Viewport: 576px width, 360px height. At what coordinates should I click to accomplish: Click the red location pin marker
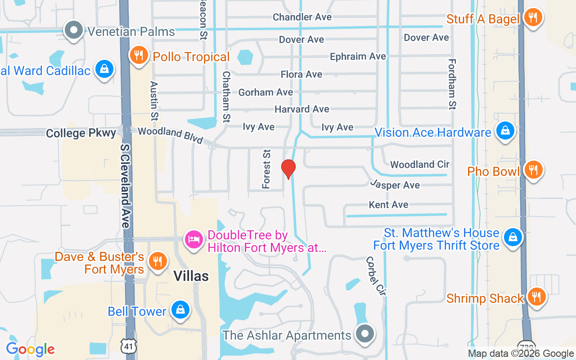288,169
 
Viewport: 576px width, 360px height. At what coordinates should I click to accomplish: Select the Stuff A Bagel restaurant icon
533,18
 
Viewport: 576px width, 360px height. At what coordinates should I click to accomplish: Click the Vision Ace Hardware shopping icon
505,131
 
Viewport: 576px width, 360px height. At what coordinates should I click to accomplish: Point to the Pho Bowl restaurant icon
533,170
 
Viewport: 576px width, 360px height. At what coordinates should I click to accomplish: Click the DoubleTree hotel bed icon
194,238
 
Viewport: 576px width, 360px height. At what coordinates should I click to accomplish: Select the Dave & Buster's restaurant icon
157,261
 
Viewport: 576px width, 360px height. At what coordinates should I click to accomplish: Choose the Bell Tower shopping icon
180,310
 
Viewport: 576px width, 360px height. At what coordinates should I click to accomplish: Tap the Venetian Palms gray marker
74,30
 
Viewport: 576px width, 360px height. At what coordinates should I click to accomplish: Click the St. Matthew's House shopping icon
512,237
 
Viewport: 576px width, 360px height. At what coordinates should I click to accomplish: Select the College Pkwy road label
81,133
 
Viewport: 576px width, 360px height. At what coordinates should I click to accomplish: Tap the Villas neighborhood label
191,276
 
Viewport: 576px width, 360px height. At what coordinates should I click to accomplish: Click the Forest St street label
267,169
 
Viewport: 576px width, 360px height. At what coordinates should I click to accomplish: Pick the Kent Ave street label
388,205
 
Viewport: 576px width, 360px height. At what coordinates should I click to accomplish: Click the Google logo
30,349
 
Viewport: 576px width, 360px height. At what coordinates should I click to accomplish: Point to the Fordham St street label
452,84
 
